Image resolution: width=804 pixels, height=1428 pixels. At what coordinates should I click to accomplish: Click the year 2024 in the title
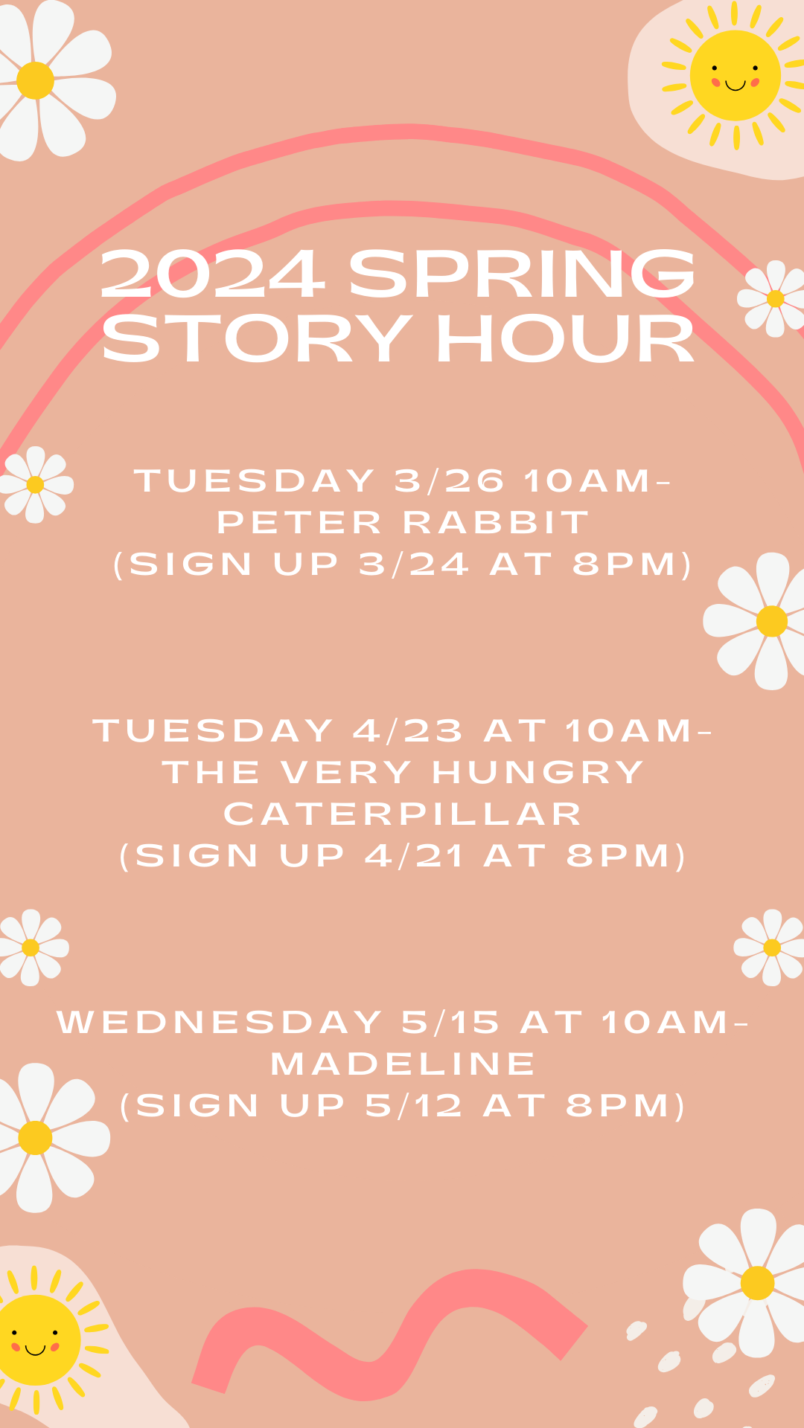point(212,274)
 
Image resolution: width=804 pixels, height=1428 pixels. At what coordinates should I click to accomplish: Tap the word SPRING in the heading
point(522,274)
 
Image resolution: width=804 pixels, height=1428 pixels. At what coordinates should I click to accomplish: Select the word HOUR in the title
point(565,339)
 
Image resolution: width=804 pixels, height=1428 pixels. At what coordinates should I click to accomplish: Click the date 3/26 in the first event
point(449,481)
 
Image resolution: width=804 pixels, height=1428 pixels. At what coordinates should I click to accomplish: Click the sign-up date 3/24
point(414,565)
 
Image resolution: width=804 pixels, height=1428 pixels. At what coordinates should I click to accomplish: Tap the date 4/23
point(408,731)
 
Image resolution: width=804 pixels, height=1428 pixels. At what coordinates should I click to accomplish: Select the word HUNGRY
point(537,773)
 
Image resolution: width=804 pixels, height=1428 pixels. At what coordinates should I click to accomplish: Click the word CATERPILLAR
point(403,814)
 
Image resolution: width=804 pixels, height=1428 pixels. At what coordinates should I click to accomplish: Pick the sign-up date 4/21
point(414,856)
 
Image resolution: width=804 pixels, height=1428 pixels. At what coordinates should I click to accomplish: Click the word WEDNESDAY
point(220,1023)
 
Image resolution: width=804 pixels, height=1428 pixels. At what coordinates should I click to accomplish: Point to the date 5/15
point(450,1023)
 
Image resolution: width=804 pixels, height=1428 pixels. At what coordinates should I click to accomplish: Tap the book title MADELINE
point(403,1064)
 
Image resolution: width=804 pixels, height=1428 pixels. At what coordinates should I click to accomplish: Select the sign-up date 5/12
point(414,1106)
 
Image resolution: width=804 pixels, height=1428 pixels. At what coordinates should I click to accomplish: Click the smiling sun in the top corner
point(735,75)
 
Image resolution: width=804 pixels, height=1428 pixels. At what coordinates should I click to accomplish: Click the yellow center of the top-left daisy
point(35,80)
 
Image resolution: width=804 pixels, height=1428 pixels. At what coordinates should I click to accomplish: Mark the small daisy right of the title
point(774,298)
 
